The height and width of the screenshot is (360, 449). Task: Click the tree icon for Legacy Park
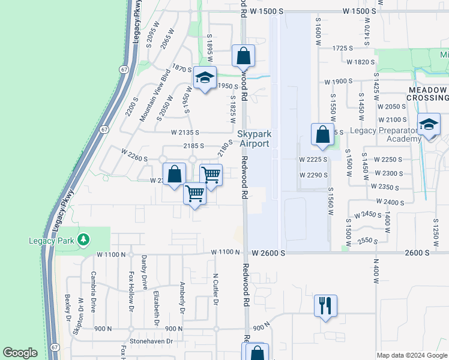point(84,240)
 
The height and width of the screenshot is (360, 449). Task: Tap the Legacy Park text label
point(50,241)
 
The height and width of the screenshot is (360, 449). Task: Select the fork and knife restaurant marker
point(325,305)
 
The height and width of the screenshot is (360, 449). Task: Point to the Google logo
point(20,353)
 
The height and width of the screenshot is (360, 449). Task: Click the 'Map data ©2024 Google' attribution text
point(411,355)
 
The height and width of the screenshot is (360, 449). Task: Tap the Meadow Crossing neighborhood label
point(428,94)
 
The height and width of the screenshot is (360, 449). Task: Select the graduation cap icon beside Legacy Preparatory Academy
point(429,125)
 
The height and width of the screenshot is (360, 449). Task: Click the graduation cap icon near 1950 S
point(205,78)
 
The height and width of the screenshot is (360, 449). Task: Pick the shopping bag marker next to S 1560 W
point(322,134)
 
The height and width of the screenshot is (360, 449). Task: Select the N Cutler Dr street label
point(215,289)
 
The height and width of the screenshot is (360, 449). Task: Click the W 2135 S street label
point(184,132)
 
